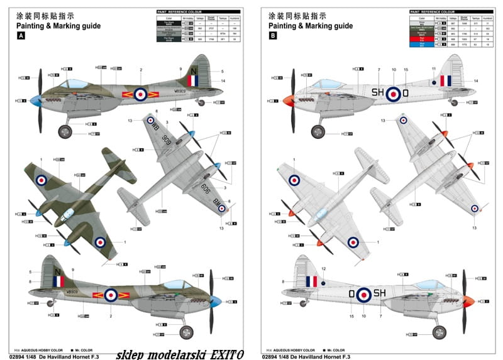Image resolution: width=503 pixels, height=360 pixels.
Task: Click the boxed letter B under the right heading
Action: point(272,36)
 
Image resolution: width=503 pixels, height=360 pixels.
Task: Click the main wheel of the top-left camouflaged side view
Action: point(65,132)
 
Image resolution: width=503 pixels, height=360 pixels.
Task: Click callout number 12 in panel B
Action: point(324,269)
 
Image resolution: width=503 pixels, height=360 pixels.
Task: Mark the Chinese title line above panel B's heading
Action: point(289,15)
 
